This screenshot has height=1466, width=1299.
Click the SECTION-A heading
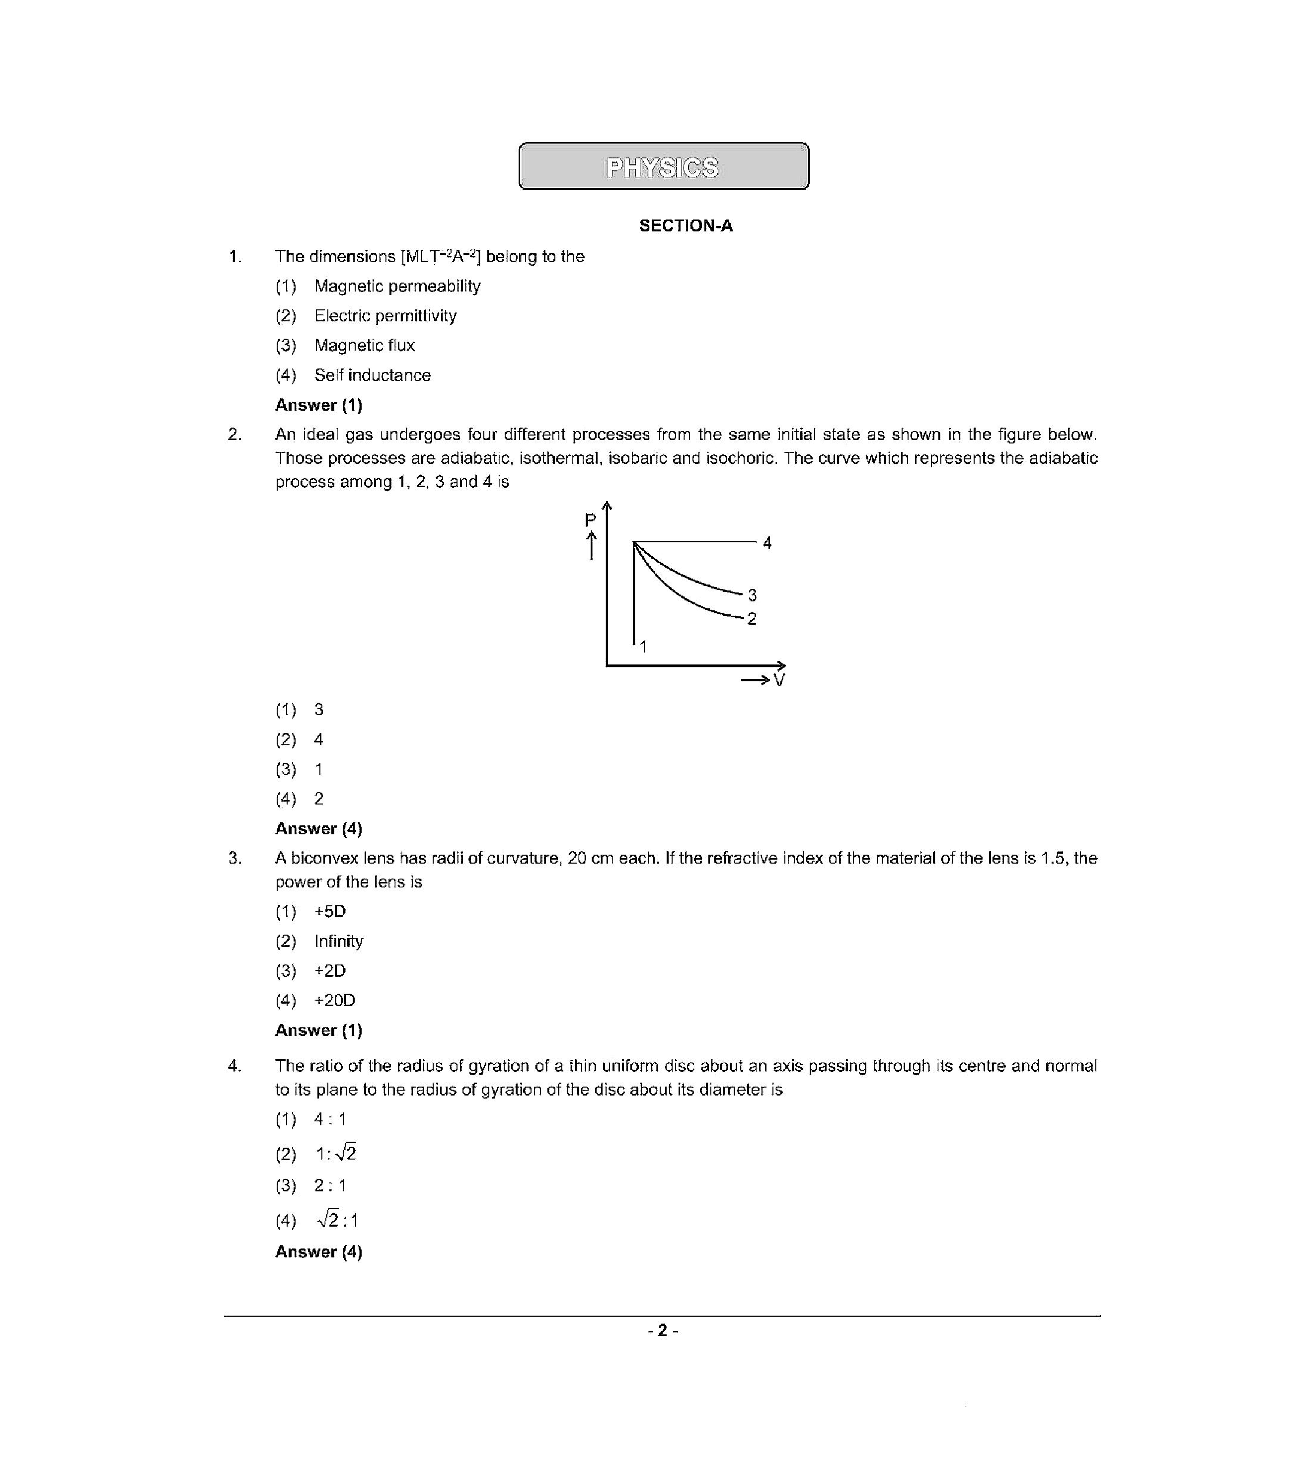tap(685, 226)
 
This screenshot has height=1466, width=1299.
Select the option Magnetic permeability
tap(397, 286)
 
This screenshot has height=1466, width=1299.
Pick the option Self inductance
tap(372, 375)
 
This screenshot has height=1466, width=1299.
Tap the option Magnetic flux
tap(365, 346)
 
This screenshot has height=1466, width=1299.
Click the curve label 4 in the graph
tap(767, 543)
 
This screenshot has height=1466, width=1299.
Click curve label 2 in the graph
tap(751, 619)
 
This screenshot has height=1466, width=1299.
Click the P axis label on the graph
tap(590, 520)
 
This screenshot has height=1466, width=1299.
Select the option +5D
tap(330, 912)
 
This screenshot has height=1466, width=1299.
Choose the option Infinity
tap(339, 941)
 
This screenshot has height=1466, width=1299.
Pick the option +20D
tap(334, 1001)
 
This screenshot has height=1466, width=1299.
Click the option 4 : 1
tap(330, 1119)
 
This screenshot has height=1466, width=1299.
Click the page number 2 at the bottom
tap(662, 1330)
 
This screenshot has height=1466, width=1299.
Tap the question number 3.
tap(234, 859)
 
